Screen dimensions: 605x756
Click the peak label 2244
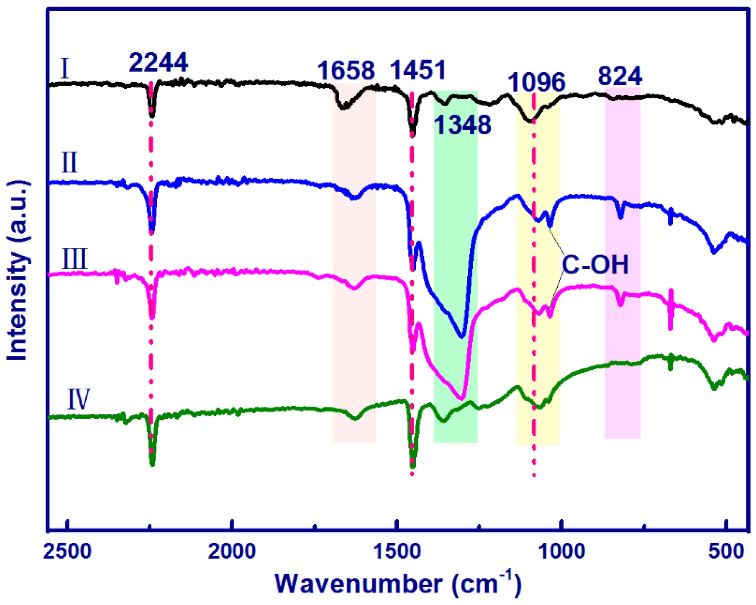tap(158, 63)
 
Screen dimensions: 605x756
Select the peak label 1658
tap(346, 71)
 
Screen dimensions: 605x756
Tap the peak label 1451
tap(418, 70)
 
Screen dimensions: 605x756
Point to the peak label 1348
tap(462, 125)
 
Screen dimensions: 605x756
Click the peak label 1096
tap(536, 82)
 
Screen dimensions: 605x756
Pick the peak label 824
tap(620, 76)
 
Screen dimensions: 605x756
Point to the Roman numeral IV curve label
tap(78, 400)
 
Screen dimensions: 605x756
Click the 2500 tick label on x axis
tap(68, 552)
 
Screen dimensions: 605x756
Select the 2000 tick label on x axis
tap(232, 552)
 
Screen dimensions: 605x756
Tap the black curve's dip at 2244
tap(152, 114)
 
